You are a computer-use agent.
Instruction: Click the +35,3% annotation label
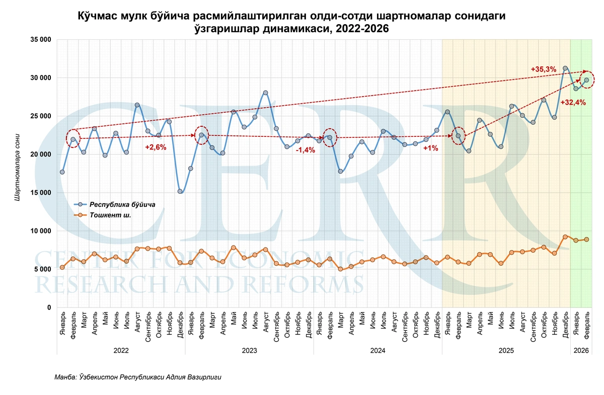[543, 69]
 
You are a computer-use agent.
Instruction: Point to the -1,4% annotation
[305, 149]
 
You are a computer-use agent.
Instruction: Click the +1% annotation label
[430, 148]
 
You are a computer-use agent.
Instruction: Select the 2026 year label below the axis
[581, 350]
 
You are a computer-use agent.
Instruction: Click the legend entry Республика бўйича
[122, 205]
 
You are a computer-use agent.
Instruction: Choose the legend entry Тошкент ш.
[110, 215]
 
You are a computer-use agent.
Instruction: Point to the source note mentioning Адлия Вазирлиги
[138, 377]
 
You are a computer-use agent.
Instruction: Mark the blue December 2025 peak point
[565, 68]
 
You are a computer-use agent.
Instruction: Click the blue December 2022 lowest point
[180, 191]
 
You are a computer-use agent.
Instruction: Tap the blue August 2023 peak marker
[265, 93]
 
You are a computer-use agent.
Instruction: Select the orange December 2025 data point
[565, 236]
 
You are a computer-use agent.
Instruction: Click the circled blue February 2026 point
[586, 80]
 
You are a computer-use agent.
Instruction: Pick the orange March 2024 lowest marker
[340, 269]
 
